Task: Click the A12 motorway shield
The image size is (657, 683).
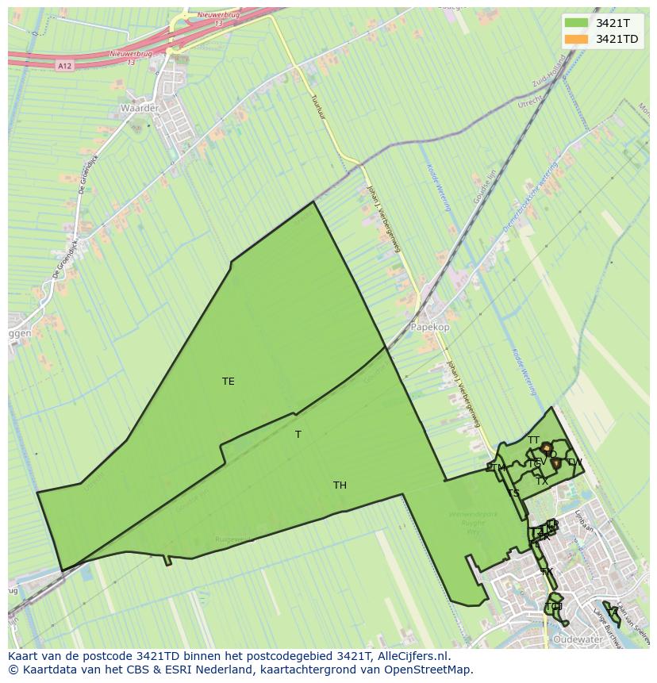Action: [65, 66]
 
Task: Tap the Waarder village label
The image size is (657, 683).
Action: [140, 108]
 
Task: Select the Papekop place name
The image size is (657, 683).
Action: [429, 327]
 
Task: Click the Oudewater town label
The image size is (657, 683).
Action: [578, 639]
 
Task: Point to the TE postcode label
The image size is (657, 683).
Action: [229, 382]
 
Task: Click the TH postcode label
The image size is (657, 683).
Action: [340, 485]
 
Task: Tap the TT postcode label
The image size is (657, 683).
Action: [533, 440]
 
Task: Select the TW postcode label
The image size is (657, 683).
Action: [574, 462]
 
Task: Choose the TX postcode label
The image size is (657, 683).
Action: [542, 482]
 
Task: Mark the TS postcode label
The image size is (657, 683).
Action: [513, 493]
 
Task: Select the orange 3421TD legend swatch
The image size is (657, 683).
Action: [576, 39]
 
